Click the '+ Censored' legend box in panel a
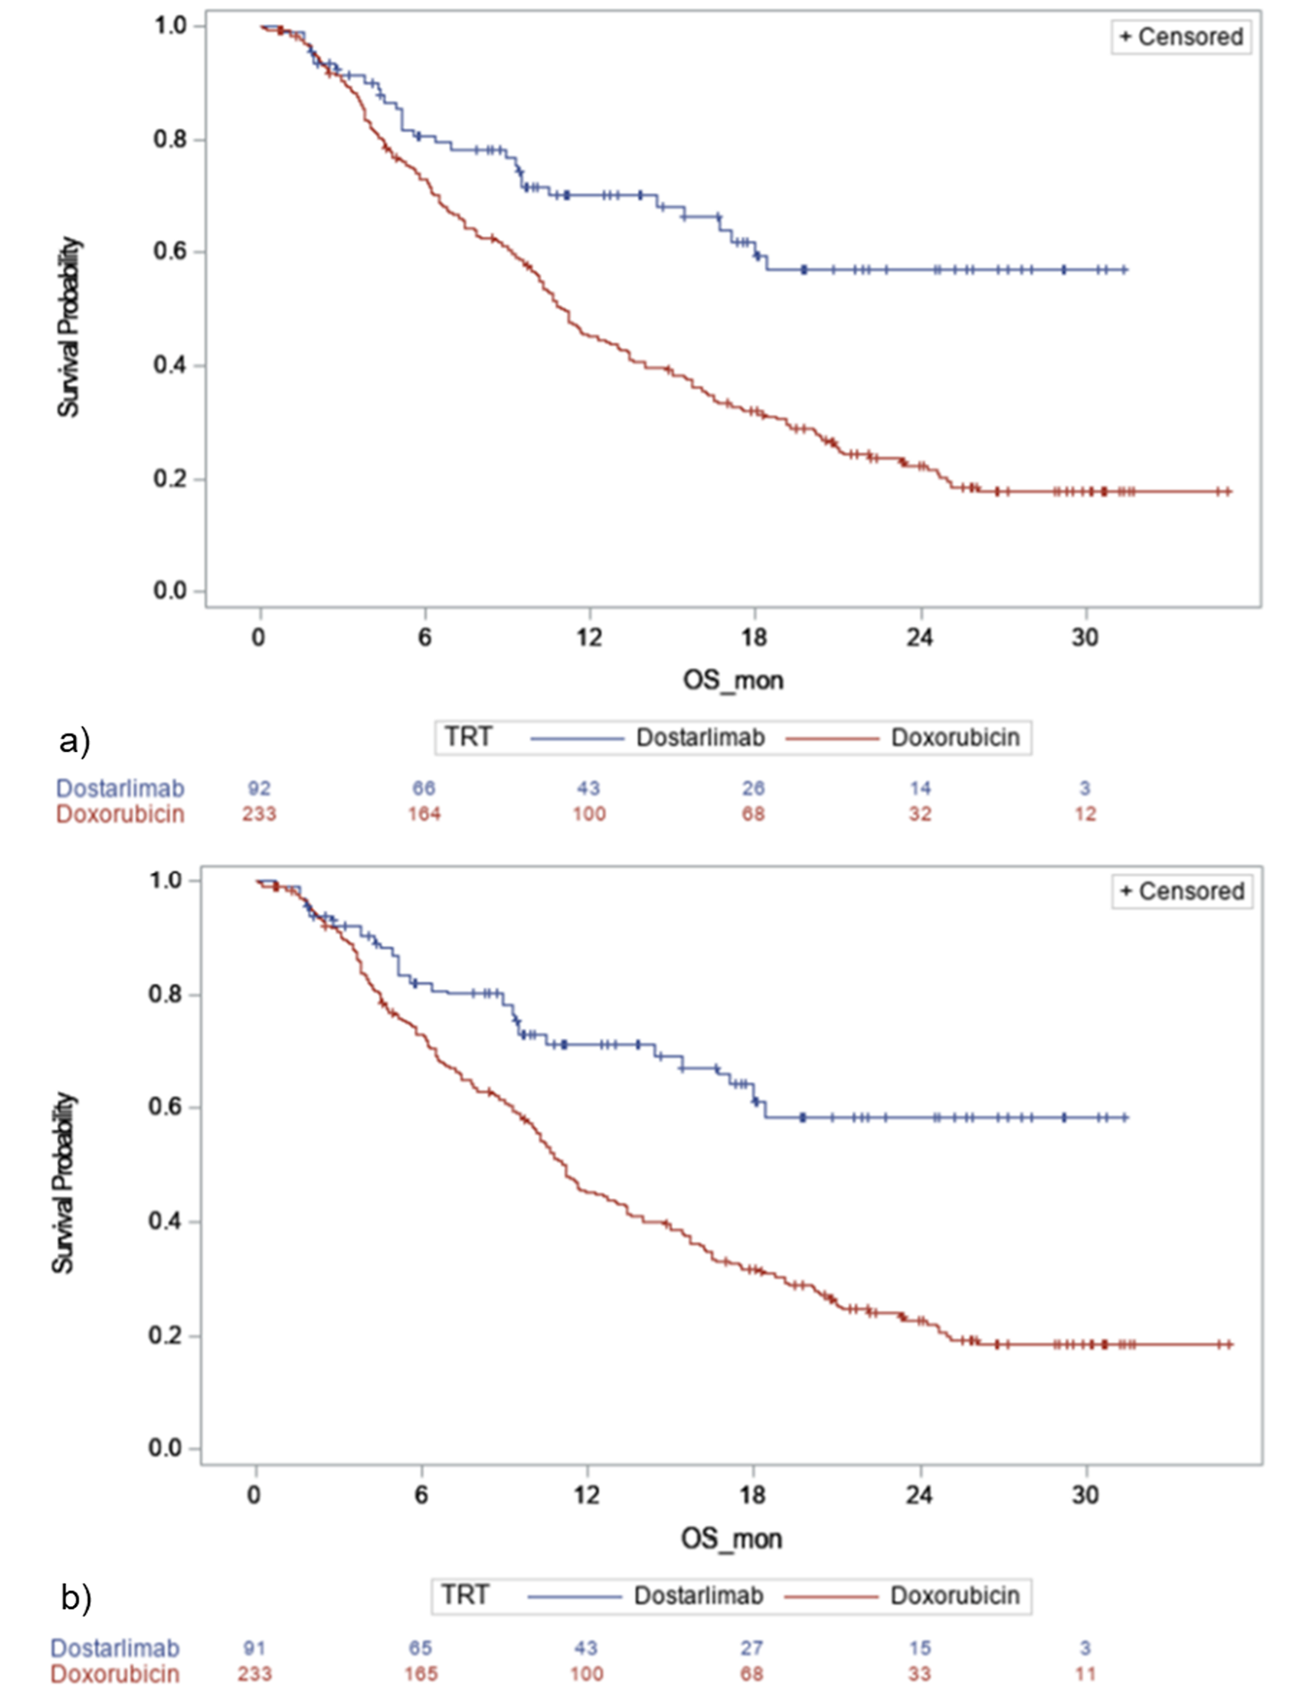[x=1181, y=37]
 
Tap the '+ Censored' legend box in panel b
[x=1181, y=891]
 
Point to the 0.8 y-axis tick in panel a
[x=171, y=139]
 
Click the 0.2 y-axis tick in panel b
[x=166, y=1336]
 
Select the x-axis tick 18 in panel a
[x=754, y=638]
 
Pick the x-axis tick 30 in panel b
[x=1085, y=1495]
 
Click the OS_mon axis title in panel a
[x=732, y=680]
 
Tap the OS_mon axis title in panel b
[x=731, y=1539]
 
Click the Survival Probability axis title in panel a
[x=68, y=327]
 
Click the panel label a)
[x=74, y=741]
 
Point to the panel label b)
[x=75, y=1597]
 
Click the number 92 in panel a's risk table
[x=259, y=788]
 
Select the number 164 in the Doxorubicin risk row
[x=423, y=813]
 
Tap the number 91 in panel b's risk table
[x=254, y=1647]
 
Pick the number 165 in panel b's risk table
[x=420, y=1673]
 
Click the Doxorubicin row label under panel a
[x=120, y=814]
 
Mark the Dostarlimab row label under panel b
[x=115, y=1648]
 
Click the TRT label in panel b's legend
[x=464, y=1595]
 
